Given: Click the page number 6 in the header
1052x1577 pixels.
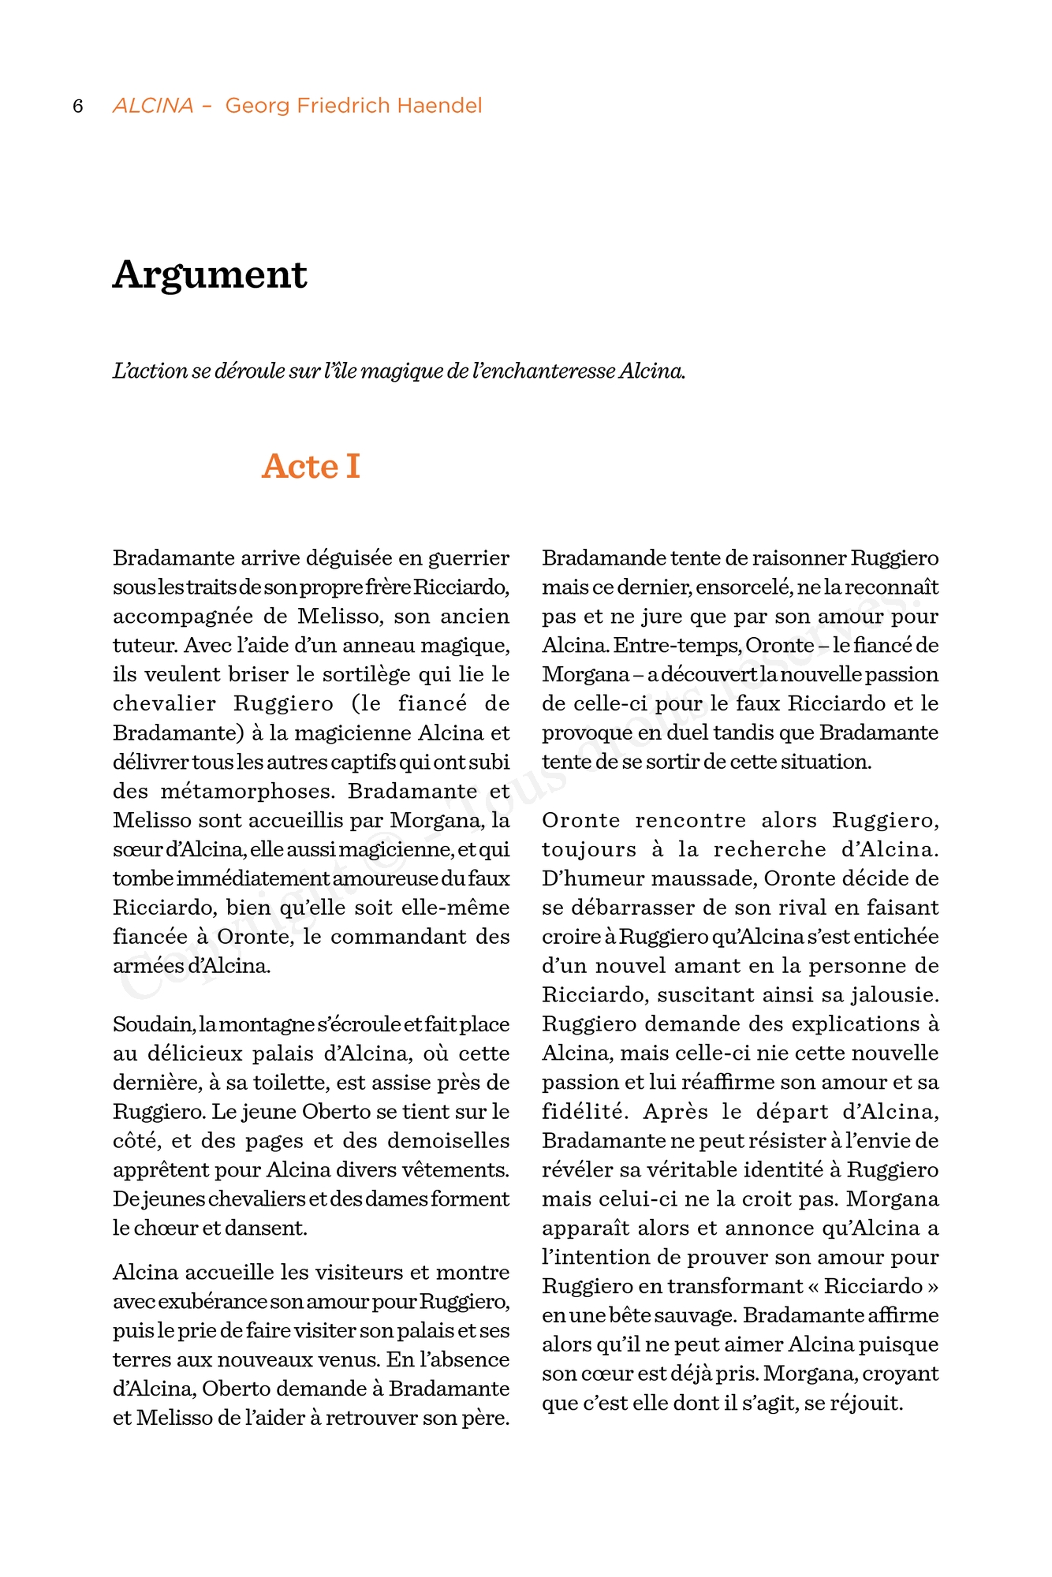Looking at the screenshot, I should (78, 106).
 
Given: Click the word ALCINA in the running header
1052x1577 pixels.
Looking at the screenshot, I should (153, 106).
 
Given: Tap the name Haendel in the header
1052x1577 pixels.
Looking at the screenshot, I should (439, 106).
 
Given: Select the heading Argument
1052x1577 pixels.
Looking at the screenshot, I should (210, 275).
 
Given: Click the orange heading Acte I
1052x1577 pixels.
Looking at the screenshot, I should (311, 466).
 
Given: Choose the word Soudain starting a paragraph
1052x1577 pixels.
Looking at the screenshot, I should (153, 1024).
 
